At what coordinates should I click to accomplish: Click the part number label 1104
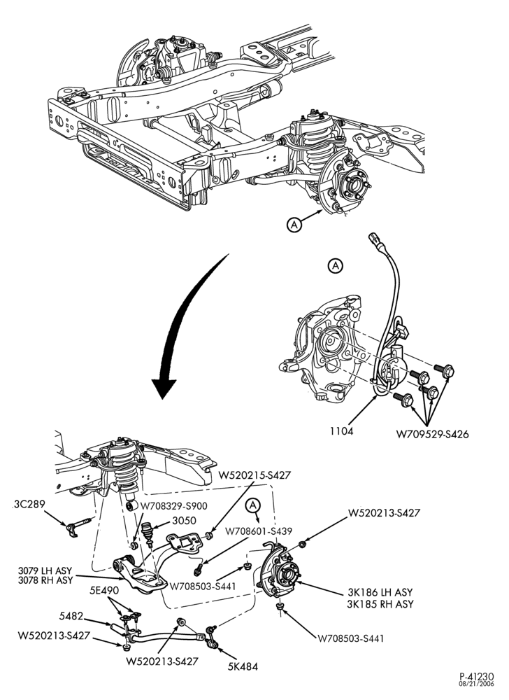tap(342, 431)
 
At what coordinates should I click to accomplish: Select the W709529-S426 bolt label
tap(432, 434)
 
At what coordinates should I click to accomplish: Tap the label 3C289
tap(29, 505)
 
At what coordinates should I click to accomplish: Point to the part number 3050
tap(184, 521)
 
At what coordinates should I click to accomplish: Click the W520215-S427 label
tap(254, 475)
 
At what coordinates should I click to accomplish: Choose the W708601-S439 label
tap(259, 531)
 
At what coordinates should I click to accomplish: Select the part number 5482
tap(71, 617)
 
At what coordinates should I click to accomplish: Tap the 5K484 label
tap(243, 667)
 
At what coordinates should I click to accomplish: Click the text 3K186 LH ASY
tap(380, 592)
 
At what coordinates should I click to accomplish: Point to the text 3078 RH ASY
tap(45, 581)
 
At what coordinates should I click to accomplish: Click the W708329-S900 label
tap(174, 506)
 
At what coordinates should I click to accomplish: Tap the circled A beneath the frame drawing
tap(294, 225)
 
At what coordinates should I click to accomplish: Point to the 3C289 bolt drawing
tap(79, 525)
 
